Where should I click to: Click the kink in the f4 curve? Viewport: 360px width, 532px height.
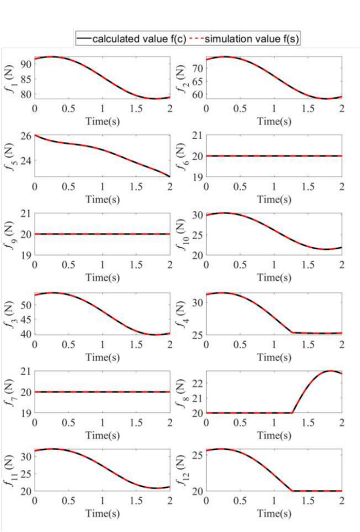[292, 333]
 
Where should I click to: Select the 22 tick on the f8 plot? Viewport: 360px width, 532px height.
[197, 383]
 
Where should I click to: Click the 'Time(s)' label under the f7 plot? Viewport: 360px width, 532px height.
[102, 435]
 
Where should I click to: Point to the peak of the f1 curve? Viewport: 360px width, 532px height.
[51, 57]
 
